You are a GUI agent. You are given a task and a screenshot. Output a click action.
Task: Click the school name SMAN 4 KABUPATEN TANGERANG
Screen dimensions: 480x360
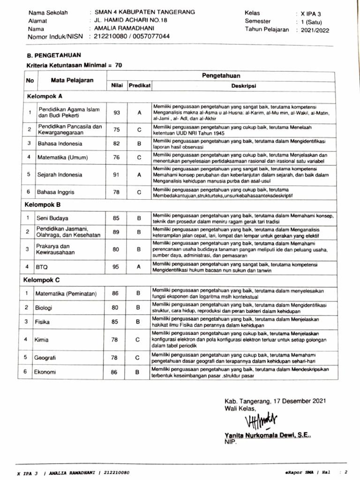(138, 12)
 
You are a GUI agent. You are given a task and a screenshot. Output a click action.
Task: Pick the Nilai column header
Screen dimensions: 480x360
(117, 86)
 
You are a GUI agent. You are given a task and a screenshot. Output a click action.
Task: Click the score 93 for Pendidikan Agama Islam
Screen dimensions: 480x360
(117, 113)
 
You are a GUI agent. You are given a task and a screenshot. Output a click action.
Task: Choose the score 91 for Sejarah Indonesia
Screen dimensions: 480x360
(117, 175)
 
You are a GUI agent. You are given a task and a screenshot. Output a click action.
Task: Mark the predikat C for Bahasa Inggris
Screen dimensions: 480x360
(139, 192)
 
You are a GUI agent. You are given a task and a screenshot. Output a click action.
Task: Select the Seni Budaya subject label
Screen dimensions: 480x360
(52, 218)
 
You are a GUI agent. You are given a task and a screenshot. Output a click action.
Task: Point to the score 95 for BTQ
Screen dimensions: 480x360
(117, 267)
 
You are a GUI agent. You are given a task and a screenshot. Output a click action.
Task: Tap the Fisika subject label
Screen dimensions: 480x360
(42, 322)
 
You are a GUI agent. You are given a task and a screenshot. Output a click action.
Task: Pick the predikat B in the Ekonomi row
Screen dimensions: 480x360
(138, 372)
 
